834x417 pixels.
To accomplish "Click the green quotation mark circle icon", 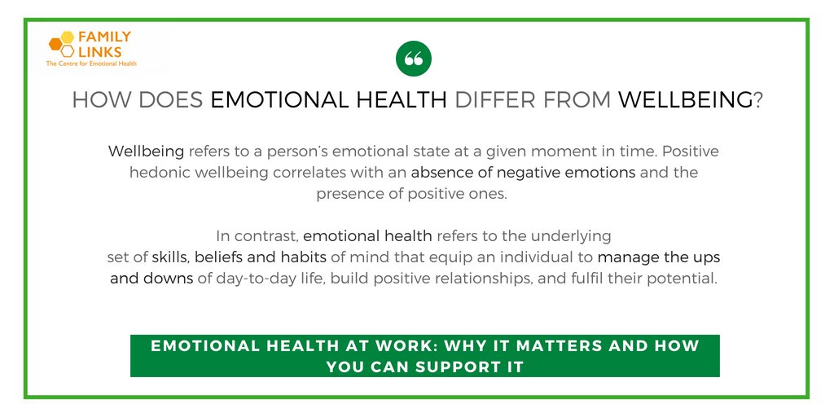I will pyautogui.click(x=413, y=59).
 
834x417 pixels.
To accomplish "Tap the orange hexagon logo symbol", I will pyautogui.click(x=61, y=43).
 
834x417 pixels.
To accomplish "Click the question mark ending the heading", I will pyautogui.click(x=757, y=101).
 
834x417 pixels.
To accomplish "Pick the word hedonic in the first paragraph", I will pyautogui.click(x=158, y=173).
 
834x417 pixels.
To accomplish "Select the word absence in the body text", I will pyautogui.click(x=440, y=173).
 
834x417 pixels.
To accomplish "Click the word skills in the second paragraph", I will pyautogui.click(x=169, y=257).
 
